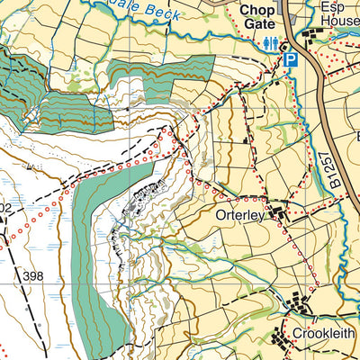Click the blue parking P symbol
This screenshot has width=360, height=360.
pos(291,59)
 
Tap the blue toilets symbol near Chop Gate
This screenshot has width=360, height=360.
pos(270,42)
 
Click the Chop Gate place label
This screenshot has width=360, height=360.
pos(257,18)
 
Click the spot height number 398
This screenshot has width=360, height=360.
pos(34,275)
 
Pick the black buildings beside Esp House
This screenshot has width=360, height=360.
pos(315,37)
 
